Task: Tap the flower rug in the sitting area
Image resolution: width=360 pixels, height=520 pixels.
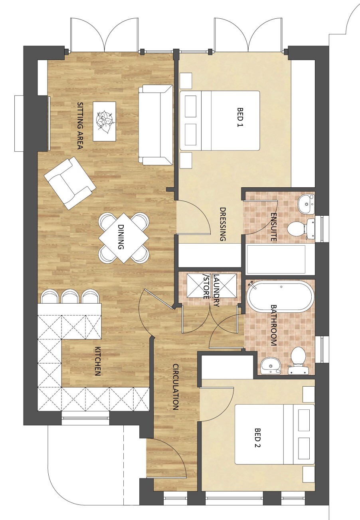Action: click(x=105, y=121)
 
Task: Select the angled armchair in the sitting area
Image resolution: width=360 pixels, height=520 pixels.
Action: click(x=70, y=183)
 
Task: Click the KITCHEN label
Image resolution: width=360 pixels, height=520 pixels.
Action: click(x=97, y=361)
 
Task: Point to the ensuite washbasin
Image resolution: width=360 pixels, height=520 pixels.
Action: click(x=307, y=204)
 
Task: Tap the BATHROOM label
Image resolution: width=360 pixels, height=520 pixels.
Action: click(x=273, y=325)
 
